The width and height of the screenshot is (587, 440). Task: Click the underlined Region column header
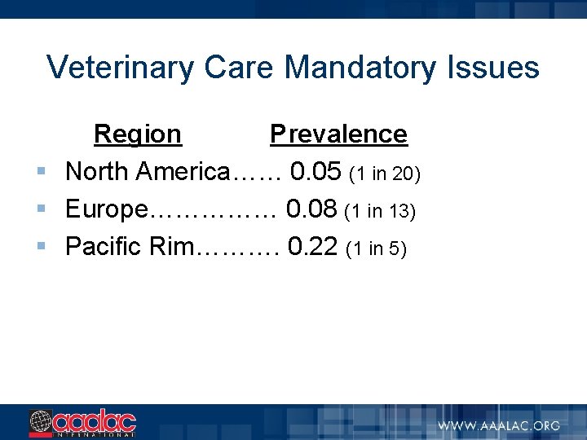click(138, 134)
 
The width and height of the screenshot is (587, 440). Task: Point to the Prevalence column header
click(338, 134)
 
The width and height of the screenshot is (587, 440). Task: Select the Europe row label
click(106, 209)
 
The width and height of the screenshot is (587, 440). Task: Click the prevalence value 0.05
click(316, 172)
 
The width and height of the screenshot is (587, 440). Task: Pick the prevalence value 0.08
click(311, 209)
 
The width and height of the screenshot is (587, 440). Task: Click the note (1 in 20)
click(384, 174)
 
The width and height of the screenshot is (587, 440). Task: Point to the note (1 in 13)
click(380, 212)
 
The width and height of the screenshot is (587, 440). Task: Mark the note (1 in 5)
click(377, 249)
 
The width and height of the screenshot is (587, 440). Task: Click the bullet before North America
click(40, 173)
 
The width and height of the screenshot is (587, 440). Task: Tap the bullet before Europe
click(40, 210)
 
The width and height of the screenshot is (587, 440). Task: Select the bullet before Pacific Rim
click(40, 247)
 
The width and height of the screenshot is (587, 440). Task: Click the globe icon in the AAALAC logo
click(41, 423)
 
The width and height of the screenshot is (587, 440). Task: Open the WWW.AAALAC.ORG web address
click(498, 425)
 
